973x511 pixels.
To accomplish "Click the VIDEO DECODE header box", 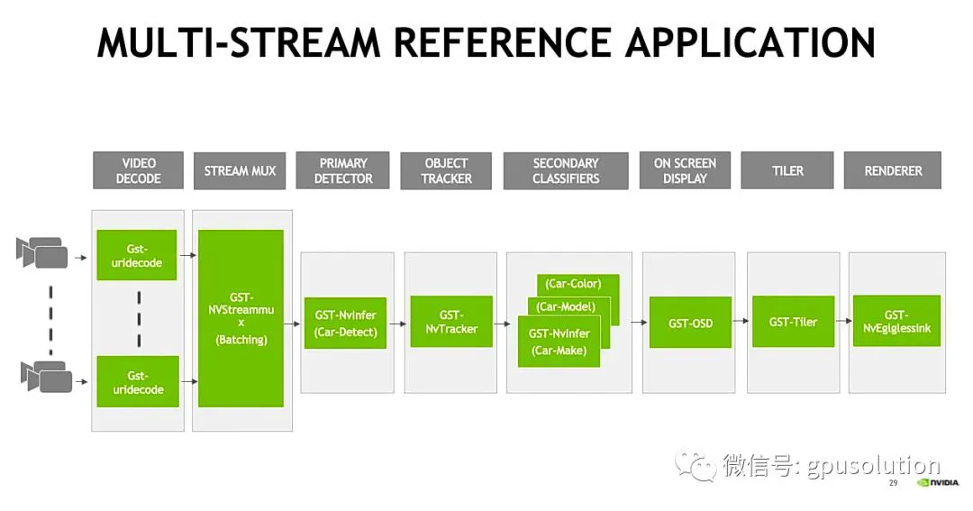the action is tap(139, 170).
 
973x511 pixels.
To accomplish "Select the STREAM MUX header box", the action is tap(240, 170).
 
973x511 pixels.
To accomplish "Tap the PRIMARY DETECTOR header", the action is tap(342, 170).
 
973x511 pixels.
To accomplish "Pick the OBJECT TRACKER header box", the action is tap(446, 170).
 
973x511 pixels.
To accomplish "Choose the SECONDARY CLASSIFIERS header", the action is tap(565, 170).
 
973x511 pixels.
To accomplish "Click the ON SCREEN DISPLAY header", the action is tap(685, 170).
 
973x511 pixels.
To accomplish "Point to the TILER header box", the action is tap(787, 170).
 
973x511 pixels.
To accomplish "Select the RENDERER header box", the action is tap(892, 170).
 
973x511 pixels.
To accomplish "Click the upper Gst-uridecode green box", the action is tap(137, 255).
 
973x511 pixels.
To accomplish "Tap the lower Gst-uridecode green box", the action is tap(138, 381).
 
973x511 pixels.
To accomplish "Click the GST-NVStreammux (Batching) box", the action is tap(241, 318).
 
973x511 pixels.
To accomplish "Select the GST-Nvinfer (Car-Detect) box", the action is tap(345, 323).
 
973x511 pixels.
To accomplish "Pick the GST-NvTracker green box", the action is tap(451, 321).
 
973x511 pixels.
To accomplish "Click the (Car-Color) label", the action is tap(573, 284).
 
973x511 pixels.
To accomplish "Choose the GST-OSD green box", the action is tap(690, 323).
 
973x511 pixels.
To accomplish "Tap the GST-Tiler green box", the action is tap(793, 321).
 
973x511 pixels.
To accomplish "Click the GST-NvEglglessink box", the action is tap(896, 320).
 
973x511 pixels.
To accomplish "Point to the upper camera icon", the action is tap(41, 252).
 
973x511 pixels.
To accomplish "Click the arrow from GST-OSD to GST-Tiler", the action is tap(741, 321).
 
